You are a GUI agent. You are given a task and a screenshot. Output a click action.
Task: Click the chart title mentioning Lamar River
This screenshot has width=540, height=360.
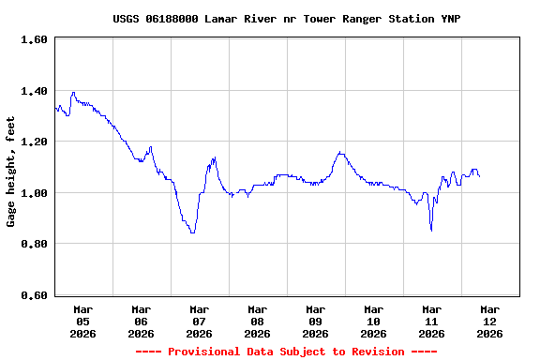pyautogui.click(x=286, y=19)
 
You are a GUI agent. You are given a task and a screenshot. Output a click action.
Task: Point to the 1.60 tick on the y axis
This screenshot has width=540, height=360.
pyautogui.click(x=34, y=39)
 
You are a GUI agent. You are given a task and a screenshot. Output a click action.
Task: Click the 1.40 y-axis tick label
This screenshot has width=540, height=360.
pyautogui.click(x=34, y=91)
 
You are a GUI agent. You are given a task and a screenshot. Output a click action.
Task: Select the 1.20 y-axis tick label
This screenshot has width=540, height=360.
pyautogui.click(x=34, y=142)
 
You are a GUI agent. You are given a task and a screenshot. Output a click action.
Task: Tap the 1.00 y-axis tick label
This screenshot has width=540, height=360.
pyautogui.click(x=34, y=193)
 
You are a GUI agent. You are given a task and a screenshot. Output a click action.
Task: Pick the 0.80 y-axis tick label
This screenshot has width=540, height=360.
pyautogui.click(x=34, y=244)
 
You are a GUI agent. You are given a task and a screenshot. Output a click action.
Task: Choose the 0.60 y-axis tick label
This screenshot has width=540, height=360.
pyautogui.click(x=34, y=295)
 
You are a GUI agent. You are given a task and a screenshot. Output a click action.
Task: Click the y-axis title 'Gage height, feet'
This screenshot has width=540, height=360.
pyautogui.click(x=11, y=172)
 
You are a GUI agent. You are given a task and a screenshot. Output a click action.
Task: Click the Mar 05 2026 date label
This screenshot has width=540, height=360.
pyautogui.click(x=82, y=321)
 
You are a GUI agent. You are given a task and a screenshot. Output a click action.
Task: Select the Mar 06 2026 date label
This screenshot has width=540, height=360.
pyautogui.click(x=141, y=321)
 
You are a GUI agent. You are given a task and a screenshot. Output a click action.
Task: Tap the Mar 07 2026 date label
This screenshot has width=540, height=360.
pyautogui.click(x=199, y=321)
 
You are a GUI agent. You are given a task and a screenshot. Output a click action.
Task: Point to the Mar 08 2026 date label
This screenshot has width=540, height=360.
pyautogui.click(x=257, y=321)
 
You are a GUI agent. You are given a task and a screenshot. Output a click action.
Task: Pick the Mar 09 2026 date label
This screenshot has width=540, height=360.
pyautogui.click(x=315, y=321)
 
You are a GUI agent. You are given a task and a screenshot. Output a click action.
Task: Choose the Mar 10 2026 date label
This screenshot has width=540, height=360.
pyautogui.click(x=373, y=321)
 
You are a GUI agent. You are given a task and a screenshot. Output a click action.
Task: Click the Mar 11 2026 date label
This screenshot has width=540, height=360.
pyautogui.click(x=431, y=321)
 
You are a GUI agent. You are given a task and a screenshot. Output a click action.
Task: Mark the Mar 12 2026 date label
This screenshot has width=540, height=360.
pyautogui.click(x=489, y=321)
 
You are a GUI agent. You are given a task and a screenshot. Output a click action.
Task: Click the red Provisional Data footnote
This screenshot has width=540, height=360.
pyautogui.click(x=286, y=352)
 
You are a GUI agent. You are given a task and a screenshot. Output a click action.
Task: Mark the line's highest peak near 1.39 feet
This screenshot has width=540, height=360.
pyautogui.click(x=73, y=93)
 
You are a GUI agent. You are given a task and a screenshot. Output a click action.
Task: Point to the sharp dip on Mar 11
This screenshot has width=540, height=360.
pyautogui.click(x=431, y=229)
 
